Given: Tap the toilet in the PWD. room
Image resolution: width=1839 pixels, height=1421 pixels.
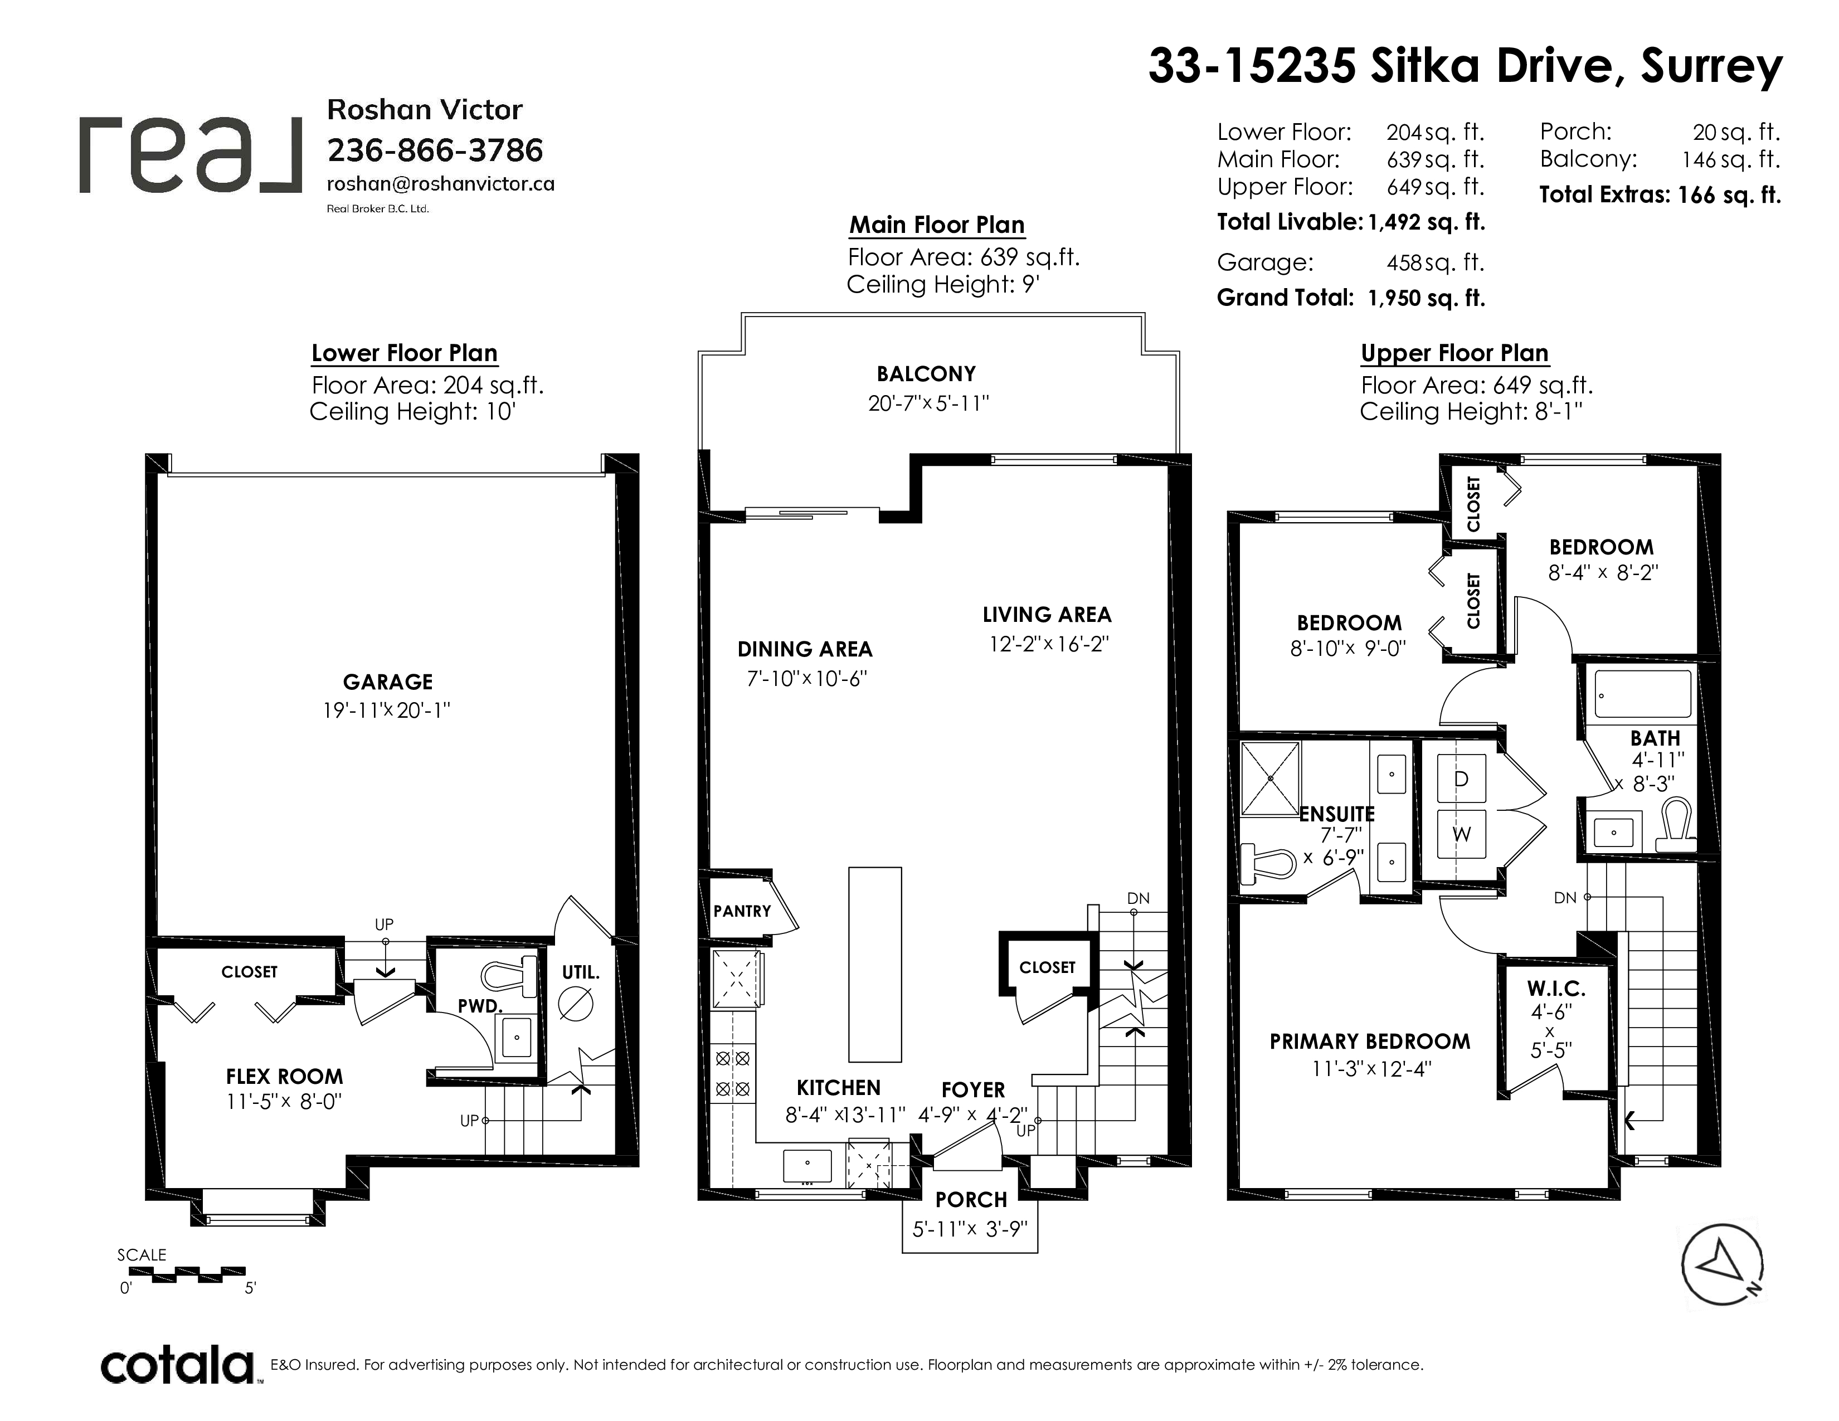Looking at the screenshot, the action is click(509, 976).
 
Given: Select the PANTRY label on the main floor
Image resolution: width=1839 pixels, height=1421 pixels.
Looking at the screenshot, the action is click(742, 911).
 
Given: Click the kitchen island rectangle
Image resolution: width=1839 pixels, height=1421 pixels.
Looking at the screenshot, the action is click(875, 964).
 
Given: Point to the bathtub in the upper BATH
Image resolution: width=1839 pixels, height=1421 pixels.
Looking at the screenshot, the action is click(1643, 694).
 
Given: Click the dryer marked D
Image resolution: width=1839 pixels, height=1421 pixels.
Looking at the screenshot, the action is click(1461, 778).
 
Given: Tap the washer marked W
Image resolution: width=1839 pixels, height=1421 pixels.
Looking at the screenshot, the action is click(1461, 834).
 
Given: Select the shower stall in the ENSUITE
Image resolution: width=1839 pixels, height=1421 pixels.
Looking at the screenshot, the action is click(1270, 778).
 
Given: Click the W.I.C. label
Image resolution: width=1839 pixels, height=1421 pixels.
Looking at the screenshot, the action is click(1556, 989).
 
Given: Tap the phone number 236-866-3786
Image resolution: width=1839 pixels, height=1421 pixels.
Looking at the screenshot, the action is click(435, 150).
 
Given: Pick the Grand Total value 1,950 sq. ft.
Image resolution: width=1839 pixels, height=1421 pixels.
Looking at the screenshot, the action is click(1427, 298).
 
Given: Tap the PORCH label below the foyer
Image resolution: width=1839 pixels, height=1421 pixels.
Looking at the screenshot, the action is click(971, 1200).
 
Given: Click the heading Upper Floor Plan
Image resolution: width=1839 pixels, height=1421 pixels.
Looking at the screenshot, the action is click(1454, 353).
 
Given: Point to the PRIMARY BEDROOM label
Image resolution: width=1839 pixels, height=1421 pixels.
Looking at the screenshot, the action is click(1370, 1042).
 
